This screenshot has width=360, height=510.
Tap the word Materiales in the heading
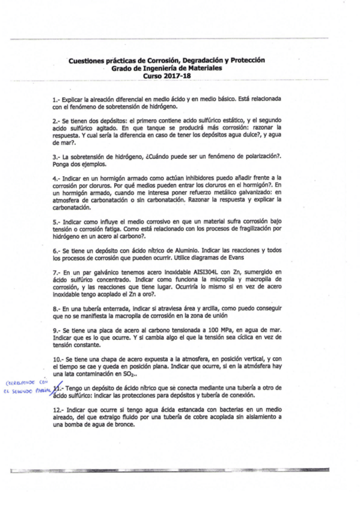click(204, 69)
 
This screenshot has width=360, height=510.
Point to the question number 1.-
click(57, 98)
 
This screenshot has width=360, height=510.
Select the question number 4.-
click(57, 178)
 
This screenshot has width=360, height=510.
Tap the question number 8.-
click(57, 309)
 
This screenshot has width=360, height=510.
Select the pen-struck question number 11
click(58, 389)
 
